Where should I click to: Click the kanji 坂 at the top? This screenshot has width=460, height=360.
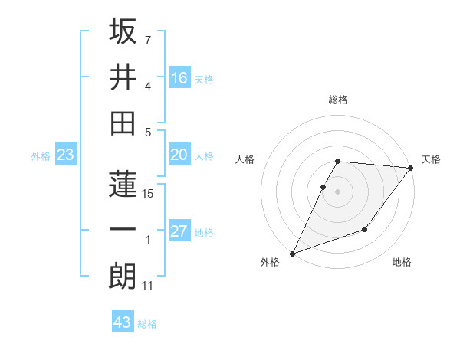pyautogui.click(x=123, y=32)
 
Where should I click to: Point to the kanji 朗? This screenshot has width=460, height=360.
pyautogui.click(x=123, y=276)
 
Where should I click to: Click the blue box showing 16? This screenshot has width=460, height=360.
pyautogui.click(x=179, y=77)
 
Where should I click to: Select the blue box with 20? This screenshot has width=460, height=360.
pyautogui.click(x=179, y=155)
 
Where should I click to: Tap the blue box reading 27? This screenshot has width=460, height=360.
pyautogui.click(x=179, y=231)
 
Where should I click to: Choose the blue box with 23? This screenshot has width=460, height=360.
pyautogui.click(x=65, y=155)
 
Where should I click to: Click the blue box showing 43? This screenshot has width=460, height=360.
pyautogui.click(x=123, y=322)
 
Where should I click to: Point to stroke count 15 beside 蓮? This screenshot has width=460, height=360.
pyautogui.click(x=149, y=194)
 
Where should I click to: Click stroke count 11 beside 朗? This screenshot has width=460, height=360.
pyautogui.click(x=148, y=286)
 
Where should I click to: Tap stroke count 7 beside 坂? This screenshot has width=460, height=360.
pyautogui.click(x=148, y=39)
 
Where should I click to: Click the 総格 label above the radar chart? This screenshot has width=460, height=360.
pyautogui.click(x=338, y=100)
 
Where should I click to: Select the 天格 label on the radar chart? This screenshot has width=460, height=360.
pyautogui.click(x=431, y=159)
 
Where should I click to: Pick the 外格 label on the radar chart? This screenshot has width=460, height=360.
pyautogui.click(x=270, y=263)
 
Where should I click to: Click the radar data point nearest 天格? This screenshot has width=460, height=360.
pyautogui.click(x=411, y=168)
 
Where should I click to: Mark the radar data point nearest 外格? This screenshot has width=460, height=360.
pyautogui.click(x=292, y=253)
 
